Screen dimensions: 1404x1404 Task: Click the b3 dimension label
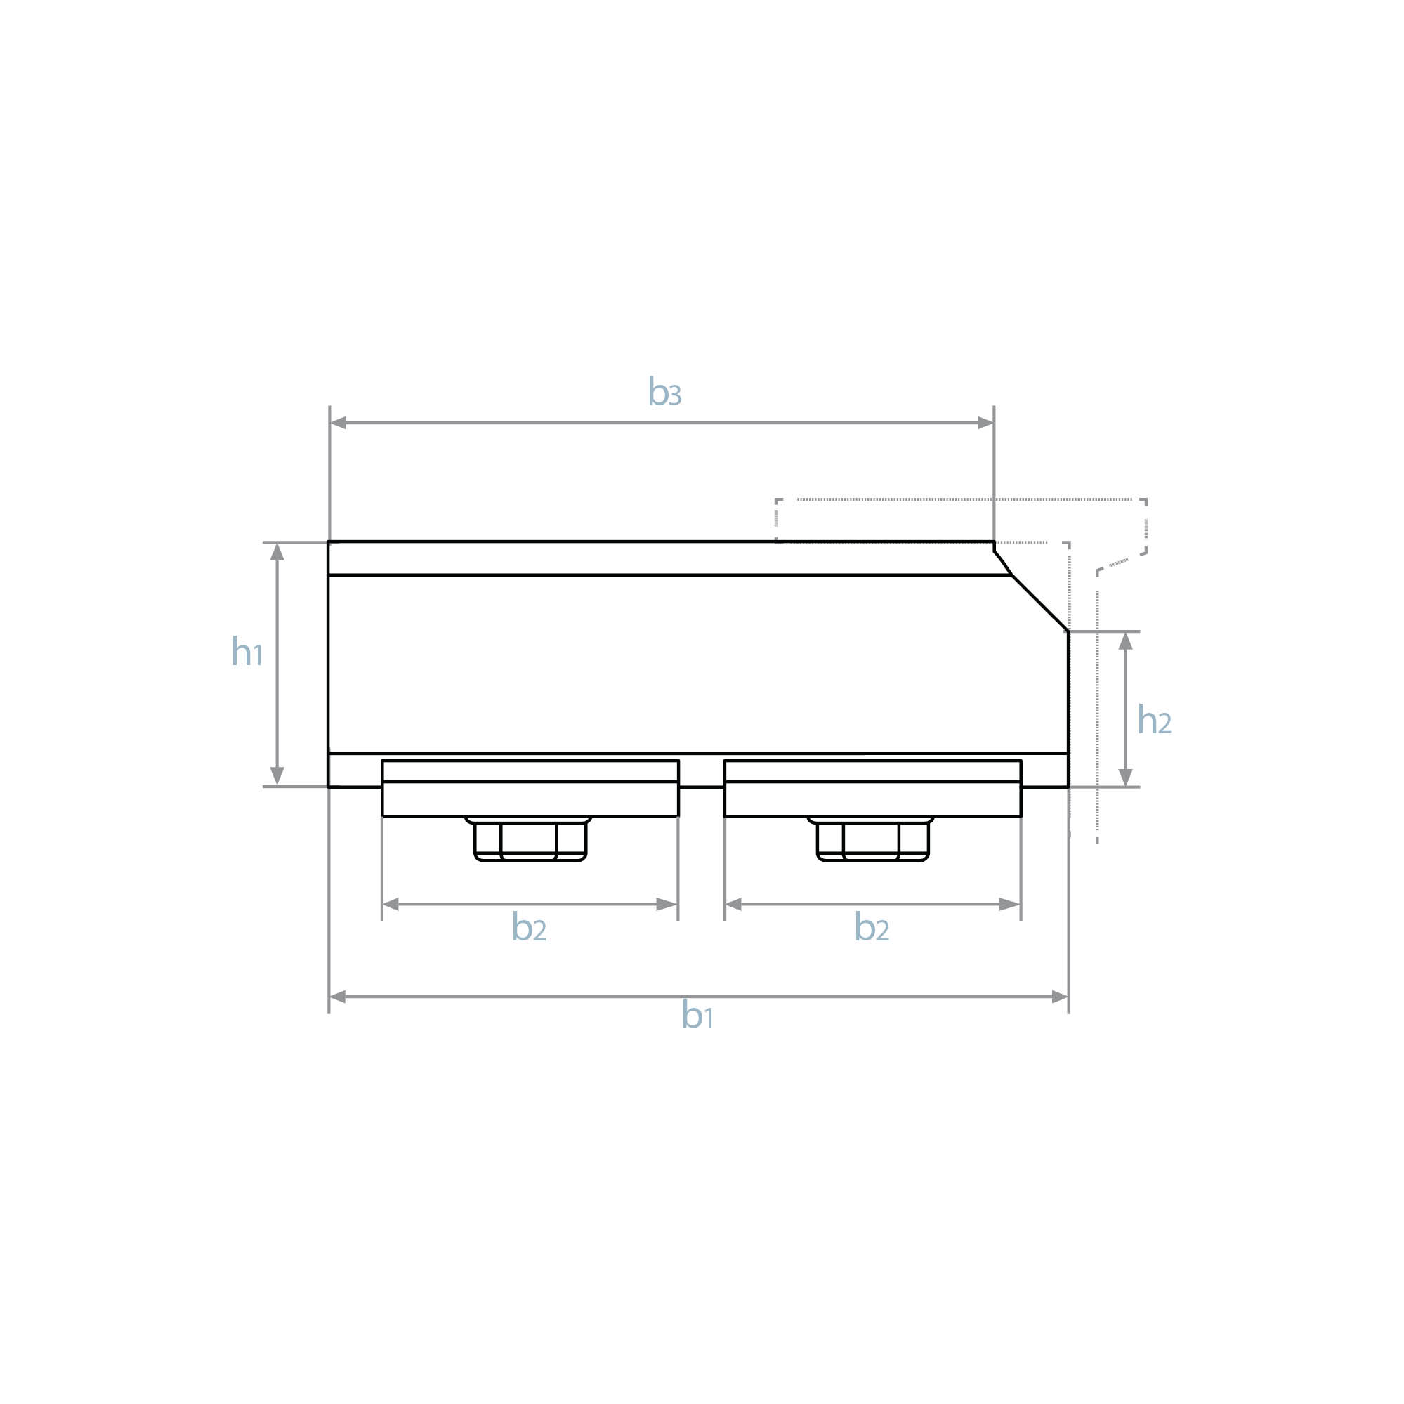click(x=664, y=392)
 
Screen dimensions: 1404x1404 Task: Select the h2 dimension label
click(x=1154, y=719)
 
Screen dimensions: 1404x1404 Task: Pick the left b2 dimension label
click(x=529, y=926)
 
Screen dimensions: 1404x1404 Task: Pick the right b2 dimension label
click(x=872, y=926)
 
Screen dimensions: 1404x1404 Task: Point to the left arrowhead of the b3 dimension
click(x=338, y=423)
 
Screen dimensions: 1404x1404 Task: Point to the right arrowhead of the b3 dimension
click(x=985, y=423)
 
